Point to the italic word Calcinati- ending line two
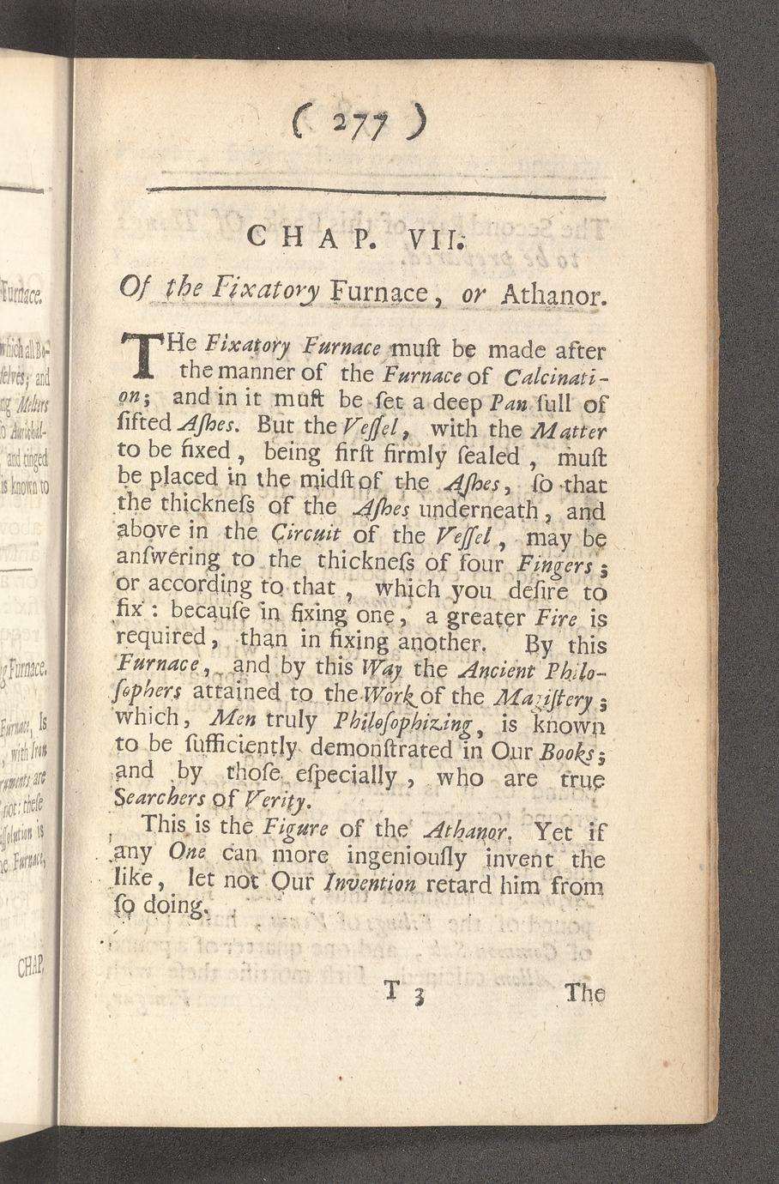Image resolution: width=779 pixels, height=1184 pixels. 555,375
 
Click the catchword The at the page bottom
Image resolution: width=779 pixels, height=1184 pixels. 584,994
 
